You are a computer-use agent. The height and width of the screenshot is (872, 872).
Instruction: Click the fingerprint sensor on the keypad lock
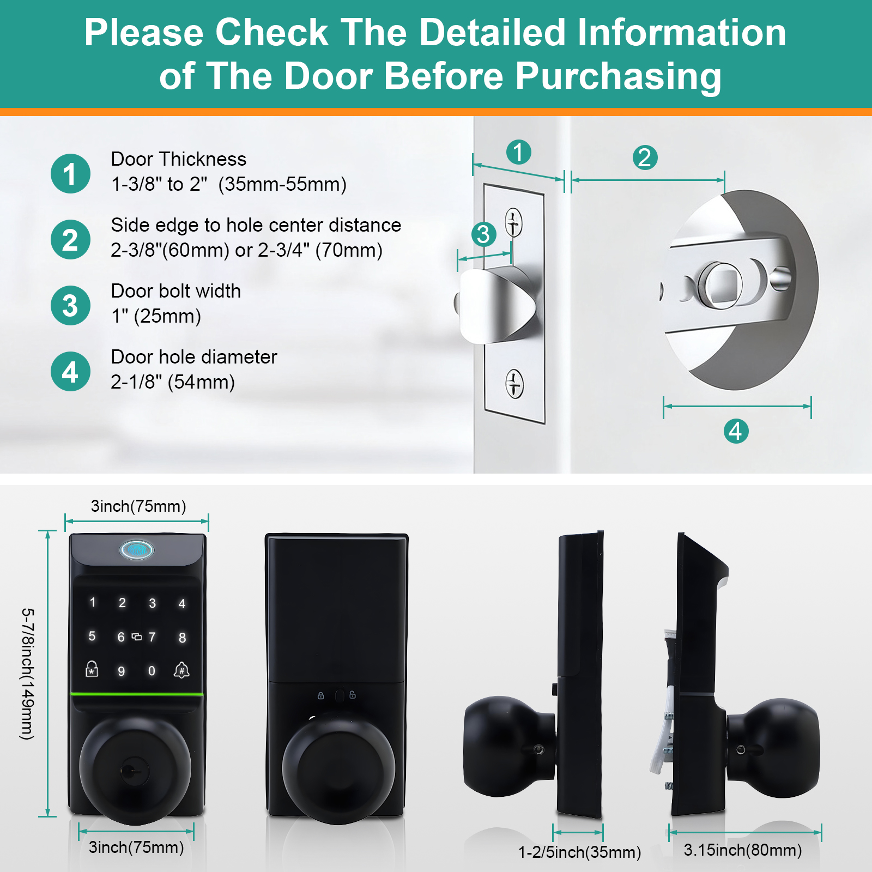(136, 550)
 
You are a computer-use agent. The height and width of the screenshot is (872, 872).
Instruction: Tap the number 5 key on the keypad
(92, 636)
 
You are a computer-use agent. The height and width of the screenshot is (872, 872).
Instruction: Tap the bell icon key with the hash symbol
(181, 670)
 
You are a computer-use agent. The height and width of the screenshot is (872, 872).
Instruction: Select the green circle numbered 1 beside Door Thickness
(70, 174)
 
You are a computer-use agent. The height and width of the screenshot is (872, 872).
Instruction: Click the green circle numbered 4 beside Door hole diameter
(70, 372)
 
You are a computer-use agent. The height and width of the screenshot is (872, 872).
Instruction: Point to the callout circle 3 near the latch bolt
(483, 234)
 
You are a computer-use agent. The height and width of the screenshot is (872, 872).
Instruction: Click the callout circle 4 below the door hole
(736, 431)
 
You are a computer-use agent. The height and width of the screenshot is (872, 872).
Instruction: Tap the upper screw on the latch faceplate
(513, 222)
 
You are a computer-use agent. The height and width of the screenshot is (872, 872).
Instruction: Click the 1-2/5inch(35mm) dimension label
(579, 852)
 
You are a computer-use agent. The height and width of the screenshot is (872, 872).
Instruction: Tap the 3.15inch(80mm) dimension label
(743, 850)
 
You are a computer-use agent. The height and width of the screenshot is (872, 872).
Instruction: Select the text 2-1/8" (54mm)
(173, 382)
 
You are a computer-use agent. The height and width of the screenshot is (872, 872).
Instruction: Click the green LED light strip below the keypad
(137, 694)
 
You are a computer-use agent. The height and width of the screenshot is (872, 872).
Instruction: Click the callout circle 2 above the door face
(645, 158)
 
